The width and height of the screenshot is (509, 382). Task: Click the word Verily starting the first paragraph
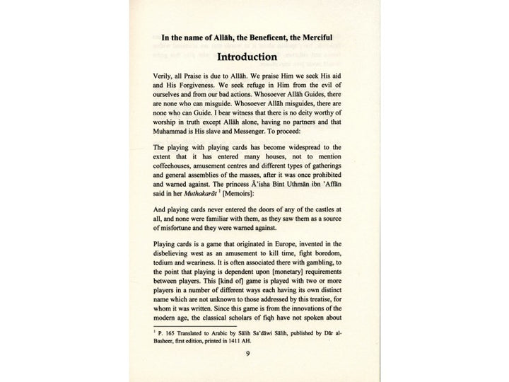(164, 75)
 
